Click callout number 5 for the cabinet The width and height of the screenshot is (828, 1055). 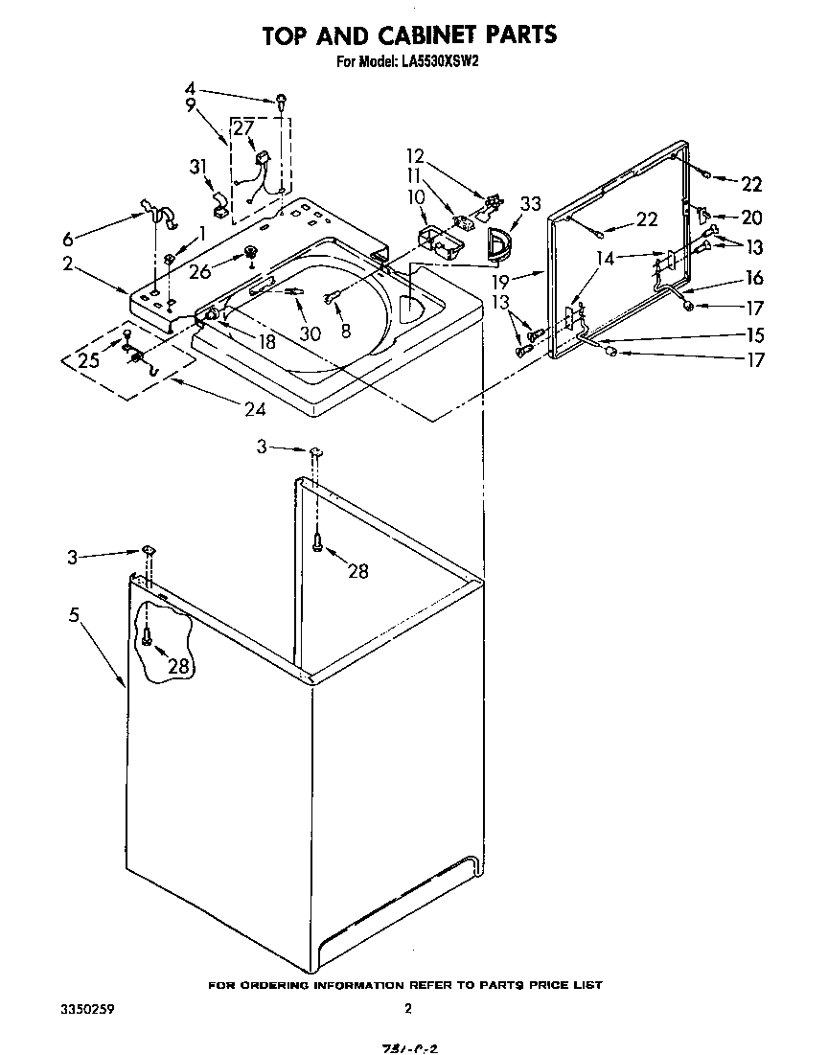pos(74,616)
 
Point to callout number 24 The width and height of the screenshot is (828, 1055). pos(253,408)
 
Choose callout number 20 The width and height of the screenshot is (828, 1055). pos(751,218)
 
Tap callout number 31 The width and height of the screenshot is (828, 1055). pos(198,167)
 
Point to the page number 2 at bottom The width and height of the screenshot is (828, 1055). pos(408,1008)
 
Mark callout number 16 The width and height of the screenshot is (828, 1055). pos(754,278)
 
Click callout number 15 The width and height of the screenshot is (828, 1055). pos(754,335)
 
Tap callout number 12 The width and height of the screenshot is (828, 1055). pos(414,155)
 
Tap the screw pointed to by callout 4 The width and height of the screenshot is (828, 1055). pos(282,99)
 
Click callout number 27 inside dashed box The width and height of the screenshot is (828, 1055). pos(243,128)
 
